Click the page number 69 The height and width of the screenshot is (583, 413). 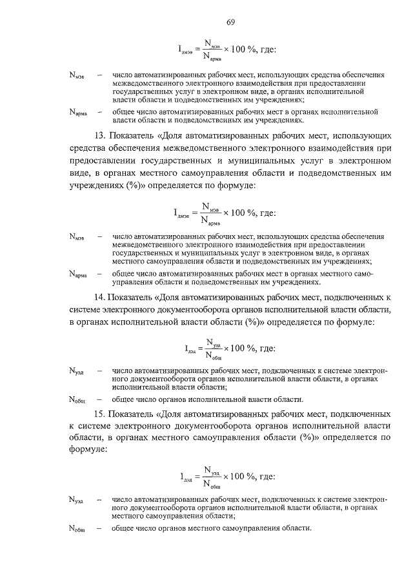click(x=230, y=23)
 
